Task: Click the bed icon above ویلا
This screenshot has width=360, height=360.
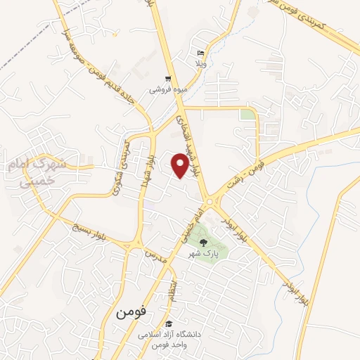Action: click(x=201, y=53)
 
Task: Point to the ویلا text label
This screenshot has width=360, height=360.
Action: click(x=201, y=63)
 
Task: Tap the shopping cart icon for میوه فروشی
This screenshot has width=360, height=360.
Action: click(x=167, y=79)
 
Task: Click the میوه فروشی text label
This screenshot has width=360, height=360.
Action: click(x=166, y=90)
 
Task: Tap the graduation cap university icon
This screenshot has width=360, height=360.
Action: click(x=170, y=323)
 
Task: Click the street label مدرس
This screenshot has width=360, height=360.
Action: click(x=155, y=255)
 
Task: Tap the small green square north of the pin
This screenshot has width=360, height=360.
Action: click(x=247, y=114)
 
